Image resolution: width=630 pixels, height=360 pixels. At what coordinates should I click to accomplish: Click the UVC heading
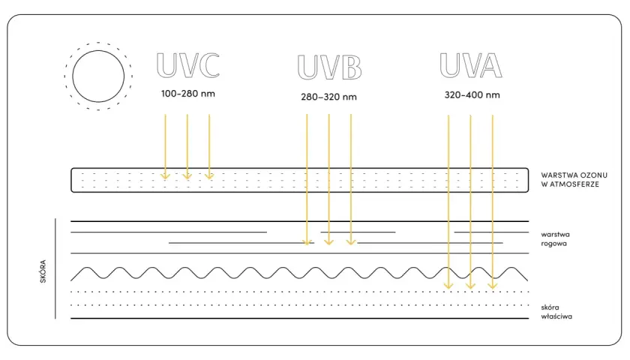pyautogui.click(x=188, y=64)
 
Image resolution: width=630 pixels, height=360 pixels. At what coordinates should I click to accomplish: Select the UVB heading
pyautogui.click(x=329, y=67)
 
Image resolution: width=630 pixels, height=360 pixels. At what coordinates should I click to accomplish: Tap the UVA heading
pyautogui.click(x=471, y=64)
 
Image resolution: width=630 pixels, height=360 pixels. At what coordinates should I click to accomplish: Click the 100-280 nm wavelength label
pyautogui.click(x=188, y=94)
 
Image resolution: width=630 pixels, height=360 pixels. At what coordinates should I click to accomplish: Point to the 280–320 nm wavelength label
pyautogui.click(x=328, y=97)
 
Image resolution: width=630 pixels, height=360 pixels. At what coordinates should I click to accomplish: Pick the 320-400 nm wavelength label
pyautogui.click(x=472, y=95)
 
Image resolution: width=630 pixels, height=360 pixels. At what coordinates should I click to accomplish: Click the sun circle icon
pyautogui.click(x=98, y=76)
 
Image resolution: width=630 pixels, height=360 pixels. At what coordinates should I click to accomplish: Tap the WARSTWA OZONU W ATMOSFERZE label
pyautogui.click(x=574, y=179)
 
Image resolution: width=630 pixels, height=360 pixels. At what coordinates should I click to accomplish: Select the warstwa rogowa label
pyautogui.click(x=555, y=238)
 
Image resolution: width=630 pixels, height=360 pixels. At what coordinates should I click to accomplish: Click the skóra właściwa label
pyautogui.click(x=556, y=312)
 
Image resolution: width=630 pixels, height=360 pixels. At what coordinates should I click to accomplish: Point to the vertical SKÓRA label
pyautogui.click(x=43, y=271)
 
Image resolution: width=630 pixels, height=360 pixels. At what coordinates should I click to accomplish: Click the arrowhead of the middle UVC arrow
pyautogui.click(x=187, y=176)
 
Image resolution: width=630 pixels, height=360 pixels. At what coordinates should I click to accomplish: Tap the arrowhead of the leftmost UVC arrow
pyautogui.click(x=165, y=176)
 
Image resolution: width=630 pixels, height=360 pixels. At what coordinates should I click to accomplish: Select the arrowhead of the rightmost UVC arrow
pyautogui.click(x=209, y=176)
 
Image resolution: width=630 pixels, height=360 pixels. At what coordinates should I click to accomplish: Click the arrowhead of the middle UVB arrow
pyautogui.click(x=329, y=241)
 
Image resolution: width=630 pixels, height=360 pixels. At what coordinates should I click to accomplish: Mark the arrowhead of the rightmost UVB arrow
pyautogui.click(x=351, y=241)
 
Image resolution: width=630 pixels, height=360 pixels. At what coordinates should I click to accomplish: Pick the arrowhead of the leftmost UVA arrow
pyautogui.click(x=448, y=286)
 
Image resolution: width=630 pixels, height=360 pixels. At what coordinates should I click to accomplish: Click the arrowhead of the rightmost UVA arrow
pyautogui.click(x=493, y=286)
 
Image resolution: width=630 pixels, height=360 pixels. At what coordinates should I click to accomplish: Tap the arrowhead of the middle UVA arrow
pyautogui.click(x=470, y=286)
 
